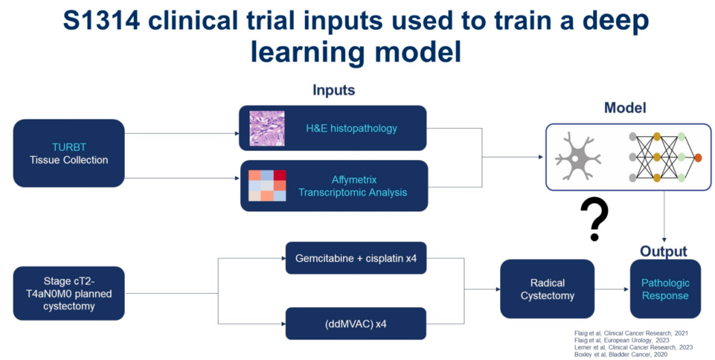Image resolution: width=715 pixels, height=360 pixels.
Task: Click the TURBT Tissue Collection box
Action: tap(68, 153)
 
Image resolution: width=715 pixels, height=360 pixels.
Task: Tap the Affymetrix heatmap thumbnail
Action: tap(267, 185)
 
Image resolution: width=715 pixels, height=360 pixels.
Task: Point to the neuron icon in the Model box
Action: tap(577, 157)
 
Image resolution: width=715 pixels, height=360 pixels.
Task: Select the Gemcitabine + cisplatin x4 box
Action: tap(355, 258)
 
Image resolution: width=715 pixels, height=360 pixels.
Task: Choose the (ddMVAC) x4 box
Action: tap(355, 322)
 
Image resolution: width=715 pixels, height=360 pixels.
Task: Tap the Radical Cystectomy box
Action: tap(547, 289)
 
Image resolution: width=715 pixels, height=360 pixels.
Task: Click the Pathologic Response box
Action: tap(665, 289)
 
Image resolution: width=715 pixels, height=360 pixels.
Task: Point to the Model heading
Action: tap(625, 108)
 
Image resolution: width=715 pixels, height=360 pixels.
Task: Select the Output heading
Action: tap(663, 252)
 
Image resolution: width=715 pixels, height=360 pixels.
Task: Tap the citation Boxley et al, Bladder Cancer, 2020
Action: tap(620, 354)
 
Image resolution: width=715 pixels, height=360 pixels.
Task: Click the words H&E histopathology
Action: tap(351, 128)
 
